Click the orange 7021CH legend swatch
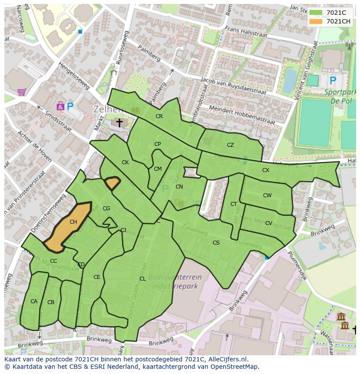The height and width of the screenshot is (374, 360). point(316,21)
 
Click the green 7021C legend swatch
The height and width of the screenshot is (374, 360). point(316,13)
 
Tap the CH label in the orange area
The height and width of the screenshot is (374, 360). point(73,222)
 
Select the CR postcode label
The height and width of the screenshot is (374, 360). point(159,116)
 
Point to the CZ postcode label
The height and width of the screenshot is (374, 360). point(230,145)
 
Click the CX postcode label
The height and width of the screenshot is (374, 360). point(266,170)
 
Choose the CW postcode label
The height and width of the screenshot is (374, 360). point(267,195)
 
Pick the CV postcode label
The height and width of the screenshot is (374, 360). point(269,223)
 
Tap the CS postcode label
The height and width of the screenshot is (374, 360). point(216,243)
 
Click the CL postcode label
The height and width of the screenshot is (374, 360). point(143,279)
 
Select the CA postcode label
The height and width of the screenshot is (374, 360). point(34,301)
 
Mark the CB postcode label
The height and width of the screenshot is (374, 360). point(51,302)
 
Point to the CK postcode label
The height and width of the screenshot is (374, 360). point(125,162)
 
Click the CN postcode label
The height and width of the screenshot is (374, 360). point(179,187)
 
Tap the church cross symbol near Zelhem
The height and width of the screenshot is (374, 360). point(119,123)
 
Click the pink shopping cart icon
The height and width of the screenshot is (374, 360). point(21,92)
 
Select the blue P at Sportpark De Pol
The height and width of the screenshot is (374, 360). point(333,80)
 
